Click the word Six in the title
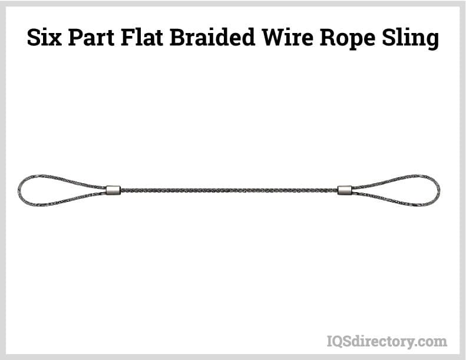(47, 38)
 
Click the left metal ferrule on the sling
(113, 190)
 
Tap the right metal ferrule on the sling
(345, 190)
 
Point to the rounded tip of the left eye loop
(19, 190)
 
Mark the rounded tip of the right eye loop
(438, 190)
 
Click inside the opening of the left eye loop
(53, 190)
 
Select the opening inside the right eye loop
(406, 190)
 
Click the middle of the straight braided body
(229, 190)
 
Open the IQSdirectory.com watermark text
(386, 341)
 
